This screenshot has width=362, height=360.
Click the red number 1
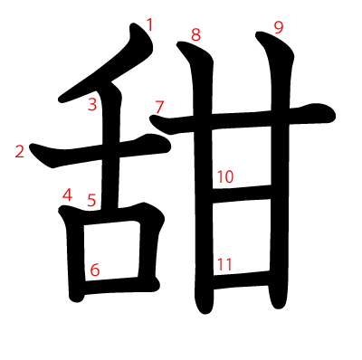pos(149,25)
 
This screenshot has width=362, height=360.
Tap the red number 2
pos(20,151)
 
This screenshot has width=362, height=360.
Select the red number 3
pos(92,104)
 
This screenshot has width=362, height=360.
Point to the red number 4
pos(67,194)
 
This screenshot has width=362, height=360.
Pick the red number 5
pos(91,200)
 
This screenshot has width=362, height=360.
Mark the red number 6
pos(95,270)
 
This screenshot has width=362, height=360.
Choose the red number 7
pos(159,107)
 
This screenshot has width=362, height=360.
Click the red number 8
pos(195,35)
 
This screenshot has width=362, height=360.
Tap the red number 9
pos(279,28)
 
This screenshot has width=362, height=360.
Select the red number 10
pos(225,176)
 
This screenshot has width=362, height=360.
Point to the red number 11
pos(224,264)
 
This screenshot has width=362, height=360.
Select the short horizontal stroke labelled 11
pos(241,280)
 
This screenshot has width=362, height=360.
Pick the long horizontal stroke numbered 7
pos(242,119)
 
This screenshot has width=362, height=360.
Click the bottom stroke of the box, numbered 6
pos(119,285)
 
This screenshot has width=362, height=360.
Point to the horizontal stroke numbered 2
pos(100,152)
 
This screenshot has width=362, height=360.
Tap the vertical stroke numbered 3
pos(111,145)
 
